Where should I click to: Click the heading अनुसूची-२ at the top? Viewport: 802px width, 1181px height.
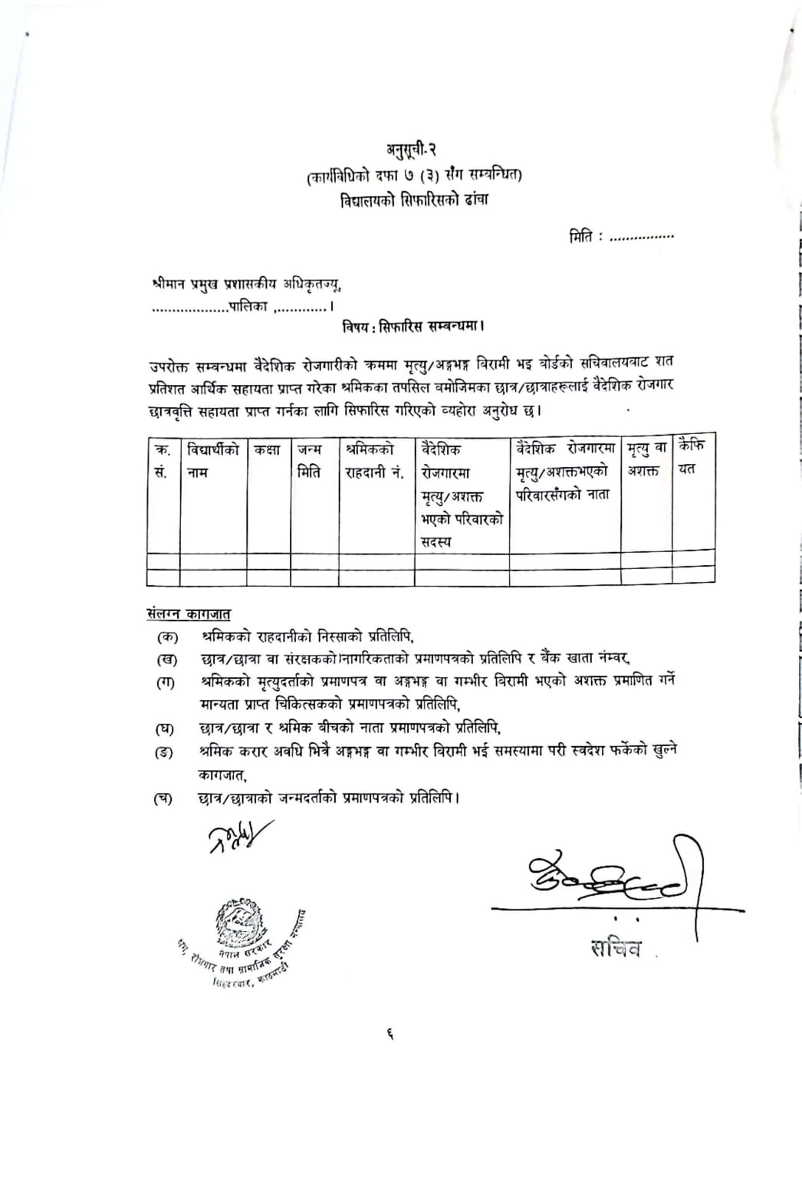(411, 149)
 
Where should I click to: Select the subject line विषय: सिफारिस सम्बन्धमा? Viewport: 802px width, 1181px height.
(413, 327)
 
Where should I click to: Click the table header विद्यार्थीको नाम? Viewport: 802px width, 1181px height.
(212, 460)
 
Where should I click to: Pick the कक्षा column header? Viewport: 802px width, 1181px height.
(268, 449)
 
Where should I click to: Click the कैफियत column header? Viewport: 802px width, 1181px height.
(692, 457)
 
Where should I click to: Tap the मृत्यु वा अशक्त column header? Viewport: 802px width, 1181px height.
(646, 459)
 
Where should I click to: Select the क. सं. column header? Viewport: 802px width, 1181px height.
(163, 460)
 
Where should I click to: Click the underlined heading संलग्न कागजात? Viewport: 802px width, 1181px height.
(188, 614)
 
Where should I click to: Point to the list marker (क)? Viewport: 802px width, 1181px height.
(166, 637)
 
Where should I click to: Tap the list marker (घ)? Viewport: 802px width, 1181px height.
(164, 729)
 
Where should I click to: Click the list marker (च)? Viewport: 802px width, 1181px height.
(163, 799)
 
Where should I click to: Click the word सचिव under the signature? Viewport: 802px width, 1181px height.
(614, 948)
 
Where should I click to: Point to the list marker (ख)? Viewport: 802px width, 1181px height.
(166, 660)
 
